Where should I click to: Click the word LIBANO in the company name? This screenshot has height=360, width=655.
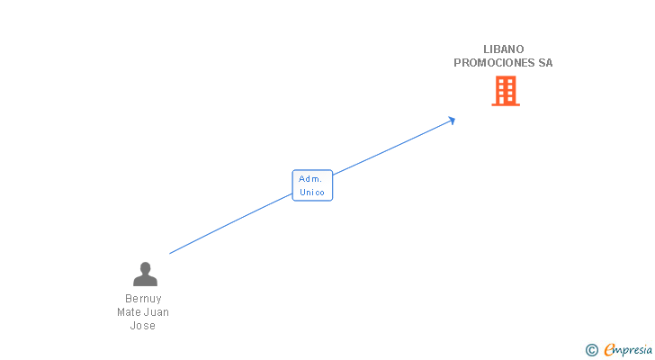503,49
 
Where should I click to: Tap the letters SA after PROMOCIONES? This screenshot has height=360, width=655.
545,63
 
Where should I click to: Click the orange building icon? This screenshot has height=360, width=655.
506,91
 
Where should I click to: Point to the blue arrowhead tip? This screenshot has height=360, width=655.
453,119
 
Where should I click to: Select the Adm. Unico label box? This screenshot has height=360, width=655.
312,185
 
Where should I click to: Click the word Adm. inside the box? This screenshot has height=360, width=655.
310,179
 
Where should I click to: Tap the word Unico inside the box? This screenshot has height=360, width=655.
312,193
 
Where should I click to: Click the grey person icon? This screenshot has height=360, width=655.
144,274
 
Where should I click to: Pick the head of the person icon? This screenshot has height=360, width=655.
144,267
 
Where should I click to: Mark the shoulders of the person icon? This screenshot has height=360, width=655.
144,281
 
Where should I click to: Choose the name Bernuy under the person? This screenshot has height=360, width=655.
144,299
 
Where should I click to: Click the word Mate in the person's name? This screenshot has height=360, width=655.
130,312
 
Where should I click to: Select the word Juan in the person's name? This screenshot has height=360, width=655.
157,312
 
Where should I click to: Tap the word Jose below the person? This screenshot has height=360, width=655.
143,326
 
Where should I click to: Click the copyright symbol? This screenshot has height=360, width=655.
591,350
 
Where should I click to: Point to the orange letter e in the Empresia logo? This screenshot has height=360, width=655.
609,350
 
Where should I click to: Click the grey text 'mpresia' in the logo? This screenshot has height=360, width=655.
633,349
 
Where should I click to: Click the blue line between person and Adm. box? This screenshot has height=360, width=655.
229,225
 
